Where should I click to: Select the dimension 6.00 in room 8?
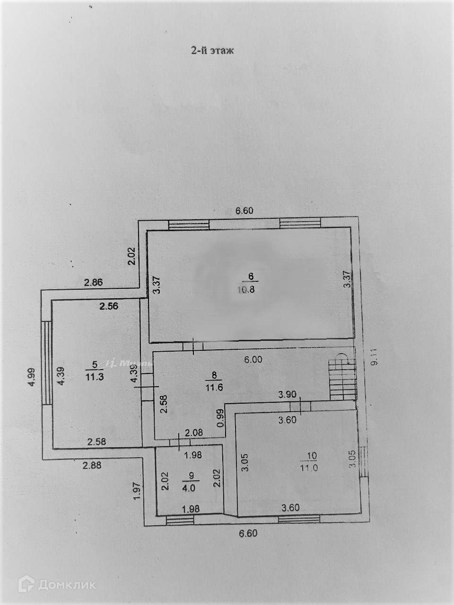[253, 360]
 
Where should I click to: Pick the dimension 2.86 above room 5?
[94, 283]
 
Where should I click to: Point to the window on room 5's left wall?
[46, 363]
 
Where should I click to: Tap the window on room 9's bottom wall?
[180, 520]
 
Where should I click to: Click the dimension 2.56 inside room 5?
[108, 305]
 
